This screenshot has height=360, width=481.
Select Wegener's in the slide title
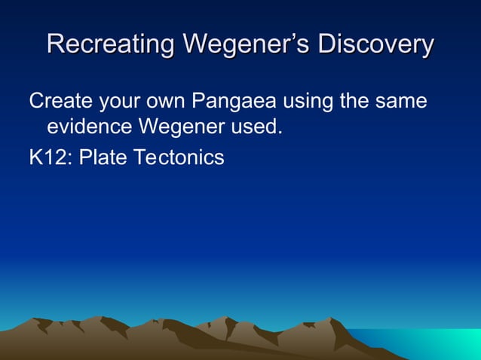[247, 44]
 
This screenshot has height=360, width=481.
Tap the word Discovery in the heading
[376, 44]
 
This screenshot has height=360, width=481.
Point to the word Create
[60, 100]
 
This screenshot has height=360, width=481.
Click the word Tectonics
[179, 157]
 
